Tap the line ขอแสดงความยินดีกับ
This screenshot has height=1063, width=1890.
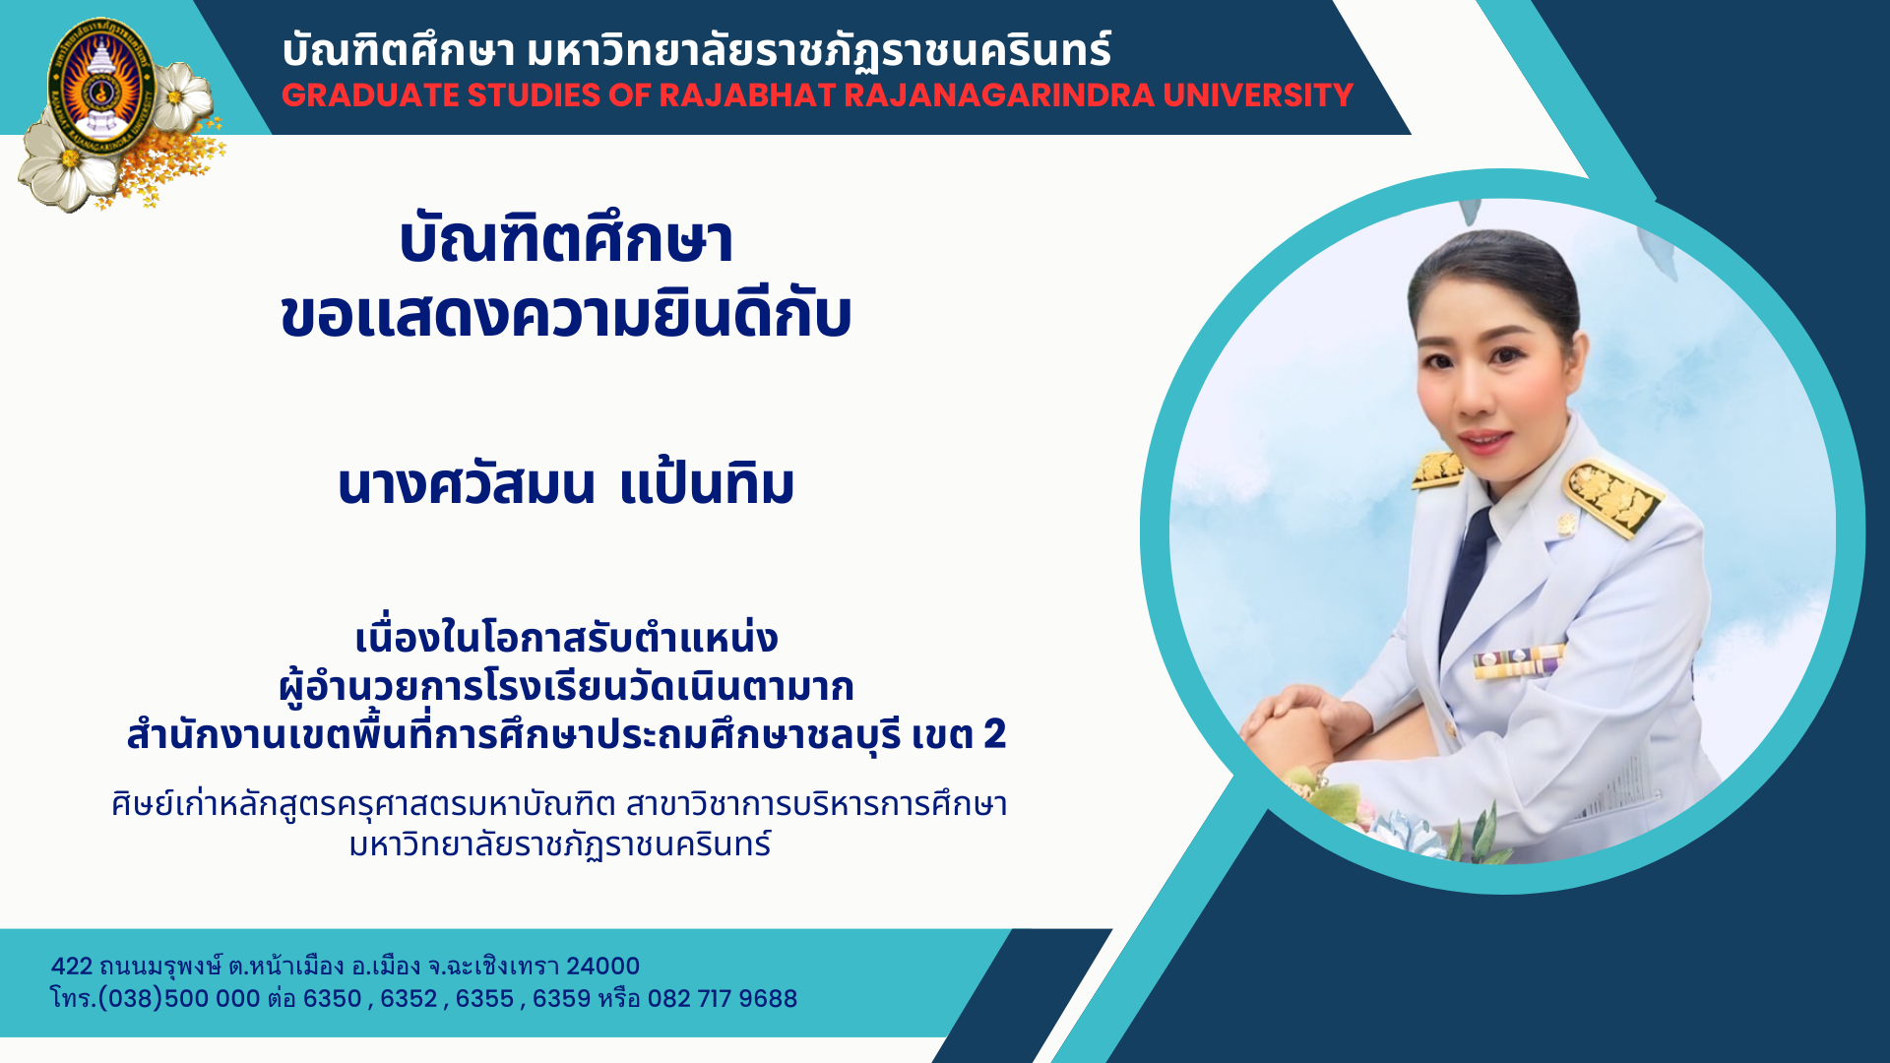tap(566, 315)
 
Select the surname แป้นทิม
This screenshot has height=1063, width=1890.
tap(707, 483)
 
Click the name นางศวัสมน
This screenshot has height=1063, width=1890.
tap(467, 483)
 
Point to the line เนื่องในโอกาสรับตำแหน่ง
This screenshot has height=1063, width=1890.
tap(566, 638)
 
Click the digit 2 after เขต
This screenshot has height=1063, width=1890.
tap(994, 734)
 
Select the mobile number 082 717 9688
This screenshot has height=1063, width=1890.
tap(723, 999)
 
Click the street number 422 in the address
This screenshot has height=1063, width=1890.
tap(71, 967)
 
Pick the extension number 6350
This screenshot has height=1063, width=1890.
tap(333, 999)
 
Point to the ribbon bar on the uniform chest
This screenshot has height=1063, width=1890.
tap(1518, 661)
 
